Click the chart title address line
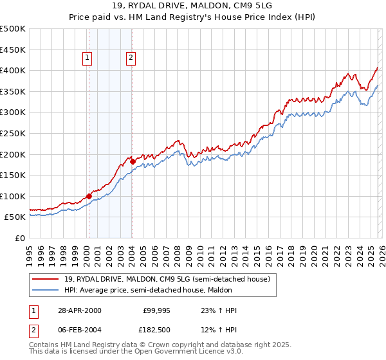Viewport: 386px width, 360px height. point(192,6)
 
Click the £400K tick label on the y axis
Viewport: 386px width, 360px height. point(13,70)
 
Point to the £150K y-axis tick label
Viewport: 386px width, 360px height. point(13,175)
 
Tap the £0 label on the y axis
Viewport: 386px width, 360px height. point(21,238)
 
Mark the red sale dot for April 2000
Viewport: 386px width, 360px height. point(89,196)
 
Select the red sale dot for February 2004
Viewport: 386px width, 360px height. point(132,161)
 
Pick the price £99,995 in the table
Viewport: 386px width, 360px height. point(156,310)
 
